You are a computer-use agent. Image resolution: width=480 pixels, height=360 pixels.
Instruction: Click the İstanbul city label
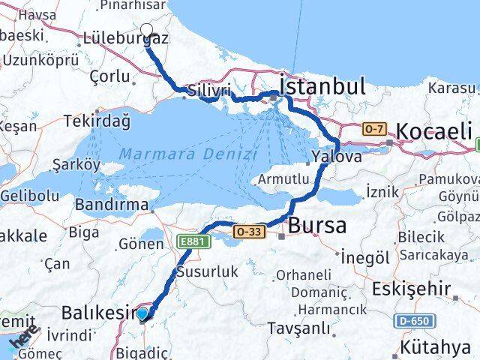coord(322,85)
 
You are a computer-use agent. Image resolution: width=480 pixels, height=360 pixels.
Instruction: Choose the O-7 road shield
coord(373,130)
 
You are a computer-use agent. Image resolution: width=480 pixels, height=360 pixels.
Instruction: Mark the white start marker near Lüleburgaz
coord(146,33)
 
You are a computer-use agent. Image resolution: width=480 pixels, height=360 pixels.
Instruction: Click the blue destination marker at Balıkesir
coord(142,313)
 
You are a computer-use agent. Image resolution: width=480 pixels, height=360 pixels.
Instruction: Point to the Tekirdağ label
coord(97,121)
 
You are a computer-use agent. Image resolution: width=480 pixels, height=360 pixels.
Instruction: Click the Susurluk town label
coord(206,270)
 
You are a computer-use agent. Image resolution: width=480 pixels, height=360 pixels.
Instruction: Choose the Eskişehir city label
coord(425,288)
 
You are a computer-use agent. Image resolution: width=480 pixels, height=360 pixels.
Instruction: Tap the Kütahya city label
coord(436,346)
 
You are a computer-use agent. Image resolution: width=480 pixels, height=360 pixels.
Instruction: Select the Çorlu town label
coord(110,76)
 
